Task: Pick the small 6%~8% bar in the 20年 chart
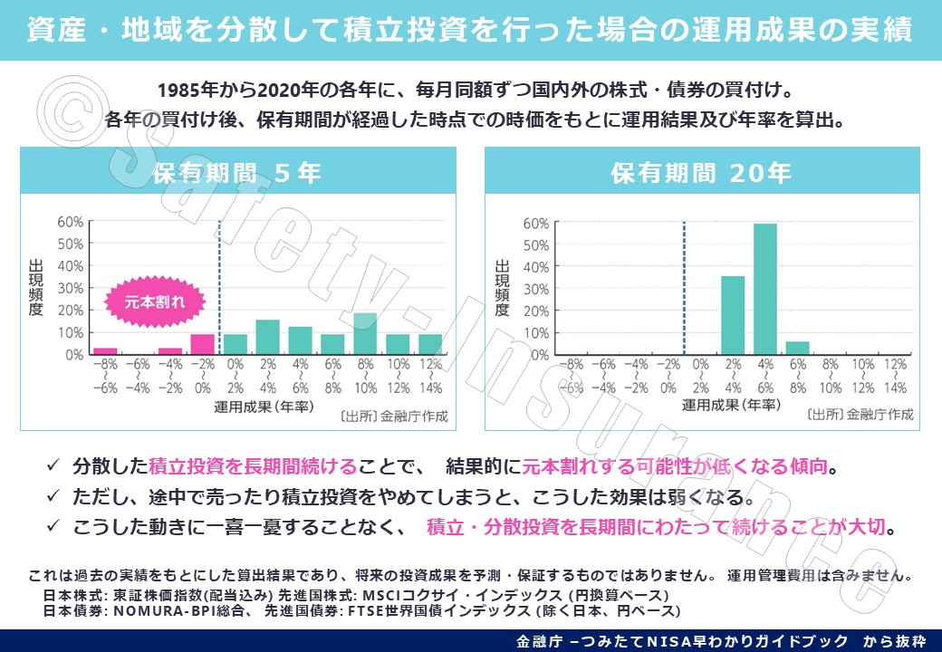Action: click(x=797, y=348)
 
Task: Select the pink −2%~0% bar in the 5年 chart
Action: click(x=202, y=344)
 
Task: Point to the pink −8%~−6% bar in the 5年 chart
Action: click(x=105, y=351)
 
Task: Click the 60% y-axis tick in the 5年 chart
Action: click(x=72, y=222)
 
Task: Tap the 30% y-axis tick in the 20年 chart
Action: click(x=535, y=289)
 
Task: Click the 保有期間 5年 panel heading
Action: click(x=237, y=173)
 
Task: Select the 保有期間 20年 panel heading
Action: click(x=702, y=173)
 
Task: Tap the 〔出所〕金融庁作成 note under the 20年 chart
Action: click(x=860, y=415)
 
